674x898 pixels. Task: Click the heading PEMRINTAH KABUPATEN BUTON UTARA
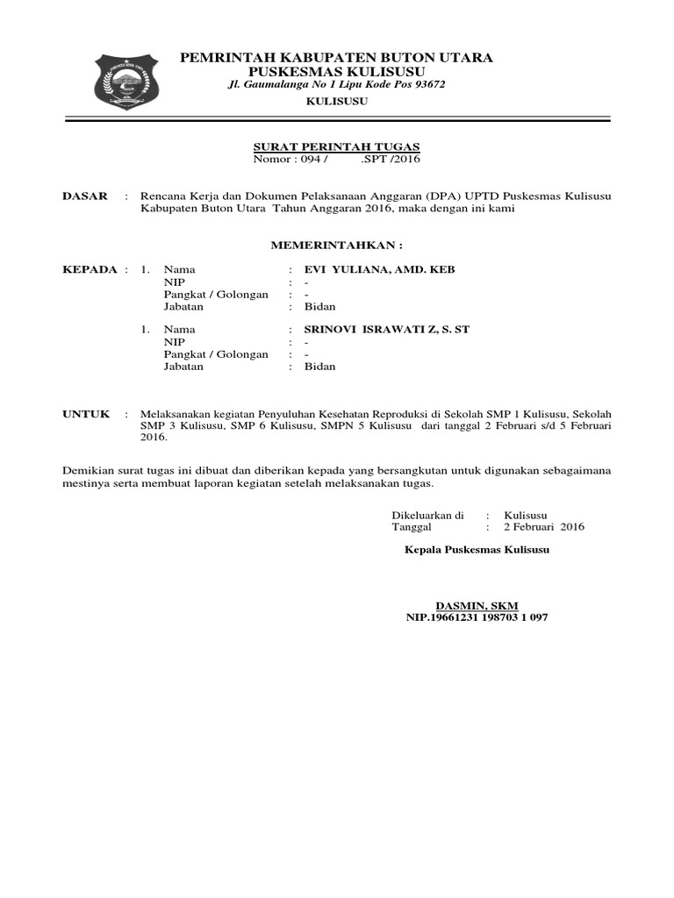coord(336,58)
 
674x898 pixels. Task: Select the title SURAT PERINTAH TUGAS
coord(337,146)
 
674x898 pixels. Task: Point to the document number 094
coord(312,160)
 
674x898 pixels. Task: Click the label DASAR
coord(84,196)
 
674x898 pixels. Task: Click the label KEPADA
coord(90,269)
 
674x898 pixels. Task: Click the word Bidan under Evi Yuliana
coord(319,307)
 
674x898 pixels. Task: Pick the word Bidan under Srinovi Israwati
coord(319,367)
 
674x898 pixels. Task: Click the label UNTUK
coord(86,413)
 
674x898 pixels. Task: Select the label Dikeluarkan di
coord(427,516)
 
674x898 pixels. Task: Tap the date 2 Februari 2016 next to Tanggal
coord(543,527)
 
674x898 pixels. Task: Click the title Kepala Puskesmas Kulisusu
coord(477,551)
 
